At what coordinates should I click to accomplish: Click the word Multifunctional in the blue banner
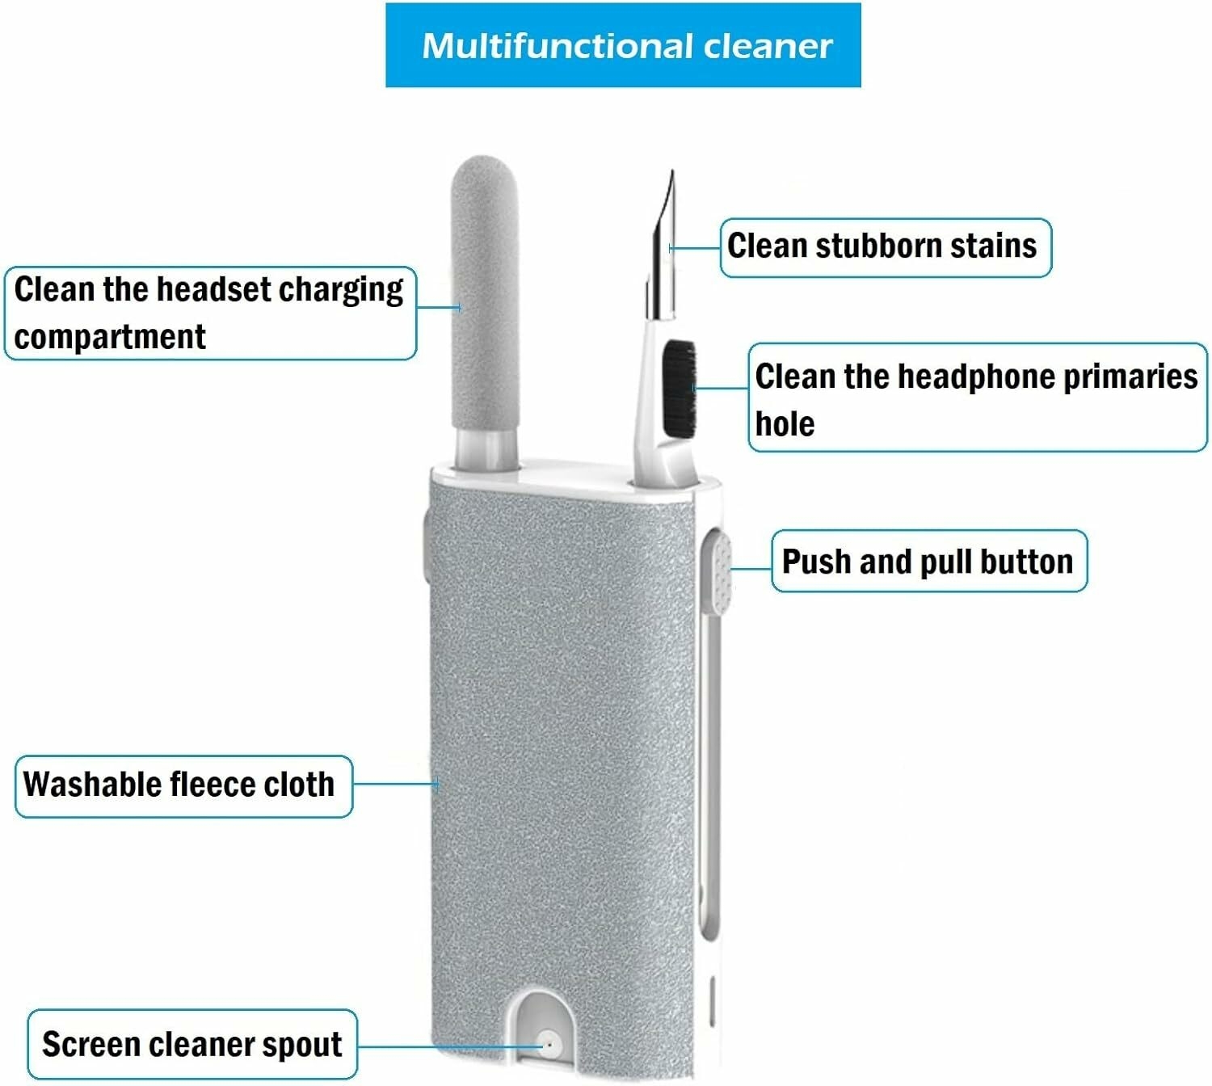[x=558, y=45]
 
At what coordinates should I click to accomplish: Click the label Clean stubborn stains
[x=882, y=246]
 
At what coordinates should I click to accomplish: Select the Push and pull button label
[x=928, y=562]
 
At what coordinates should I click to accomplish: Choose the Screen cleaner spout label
[x=192, y=1045]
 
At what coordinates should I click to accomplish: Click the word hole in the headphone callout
[x=785, y=423]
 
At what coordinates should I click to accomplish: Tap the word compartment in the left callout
[x=110, y=338]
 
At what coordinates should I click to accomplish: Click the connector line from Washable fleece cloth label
[x=397, y=784]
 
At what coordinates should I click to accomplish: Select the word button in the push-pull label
[x=1026, y=562]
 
